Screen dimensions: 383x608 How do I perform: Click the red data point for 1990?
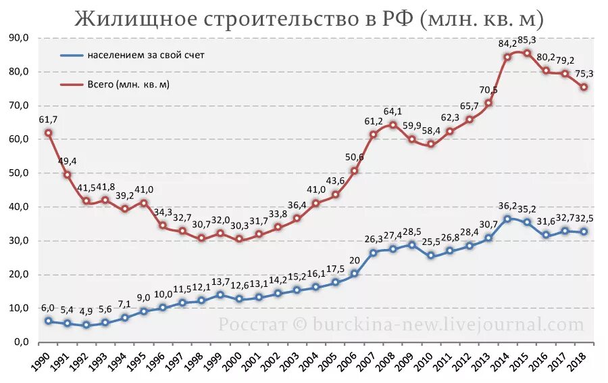(x=48, y=133)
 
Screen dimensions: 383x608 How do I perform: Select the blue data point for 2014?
(x=507, y=219)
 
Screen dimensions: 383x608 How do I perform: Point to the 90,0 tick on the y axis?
(x=18, y=38)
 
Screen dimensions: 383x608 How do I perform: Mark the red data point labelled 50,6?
(x=354, y=171)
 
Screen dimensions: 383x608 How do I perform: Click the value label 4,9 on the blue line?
(x=86, y=312)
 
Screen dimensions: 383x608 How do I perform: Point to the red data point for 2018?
(x=584, y=87)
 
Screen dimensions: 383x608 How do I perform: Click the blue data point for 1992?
(x=86, y=325)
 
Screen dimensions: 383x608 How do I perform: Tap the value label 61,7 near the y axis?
(x=48, y=119)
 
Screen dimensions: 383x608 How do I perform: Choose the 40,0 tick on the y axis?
(x=18, y=207)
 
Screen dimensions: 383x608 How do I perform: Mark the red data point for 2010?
(x=431, y=144)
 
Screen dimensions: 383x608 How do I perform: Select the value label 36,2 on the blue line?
(x=507, y=206)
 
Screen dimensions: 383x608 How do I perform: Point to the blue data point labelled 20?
(x=354, y=274)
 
